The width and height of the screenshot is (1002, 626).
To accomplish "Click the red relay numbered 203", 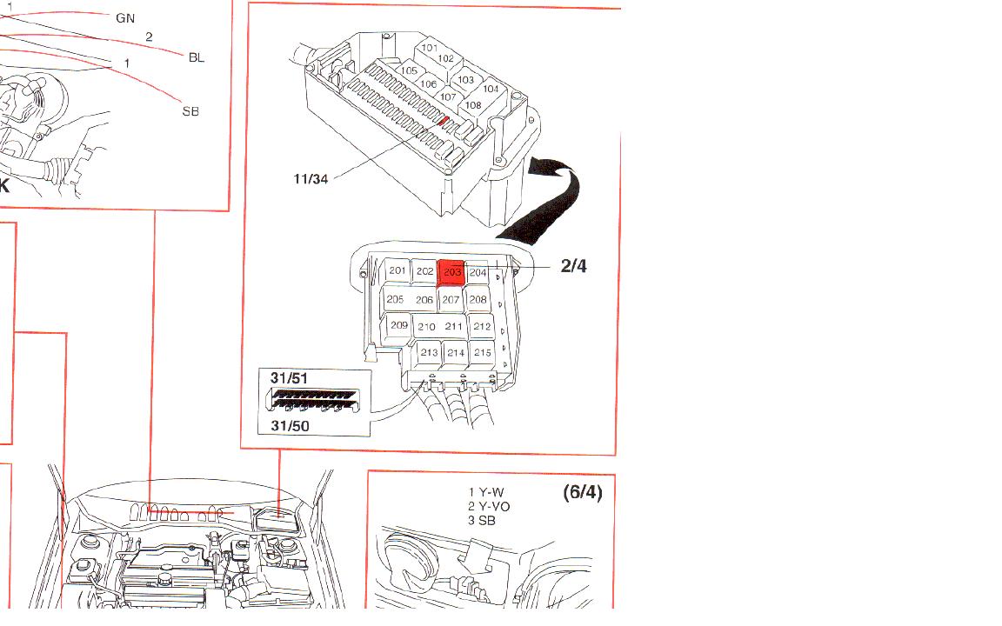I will [451, 271].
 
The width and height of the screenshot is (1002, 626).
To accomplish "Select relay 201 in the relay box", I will [397, 271].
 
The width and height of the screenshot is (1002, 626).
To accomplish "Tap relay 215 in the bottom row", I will [482, 353].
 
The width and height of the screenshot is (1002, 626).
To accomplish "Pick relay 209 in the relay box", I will [398, 326].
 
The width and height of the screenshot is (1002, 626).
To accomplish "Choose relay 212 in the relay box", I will [482, 327].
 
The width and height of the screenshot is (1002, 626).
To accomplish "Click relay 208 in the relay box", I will [478, 300].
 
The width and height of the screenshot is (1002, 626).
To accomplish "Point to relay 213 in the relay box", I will [429, 353].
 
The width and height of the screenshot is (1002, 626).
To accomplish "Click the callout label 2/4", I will [574, 267].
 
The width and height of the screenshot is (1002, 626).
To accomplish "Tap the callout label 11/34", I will [311, 179].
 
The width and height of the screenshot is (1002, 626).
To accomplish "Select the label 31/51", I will [290, 379].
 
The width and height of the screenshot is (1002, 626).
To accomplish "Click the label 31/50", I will [290, 425].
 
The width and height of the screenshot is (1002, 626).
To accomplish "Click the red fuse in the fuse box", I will [443, 122].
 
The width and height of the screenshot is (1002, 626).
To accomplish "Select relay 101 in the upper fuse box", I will [430, 48].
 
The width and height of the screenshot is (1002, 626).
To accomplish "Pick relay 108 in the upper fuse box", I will [472, 106].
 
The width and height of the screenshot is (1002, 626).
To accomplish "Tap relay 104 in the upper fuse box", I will [491, 89].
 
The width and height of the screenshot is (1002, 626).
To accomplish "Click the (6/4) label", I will [582, 493].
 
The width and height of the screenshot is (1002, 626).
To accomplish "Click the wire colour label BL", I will [197, 57].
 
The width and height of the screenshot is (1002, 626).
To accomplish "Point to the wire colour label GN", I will [125, 17].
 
